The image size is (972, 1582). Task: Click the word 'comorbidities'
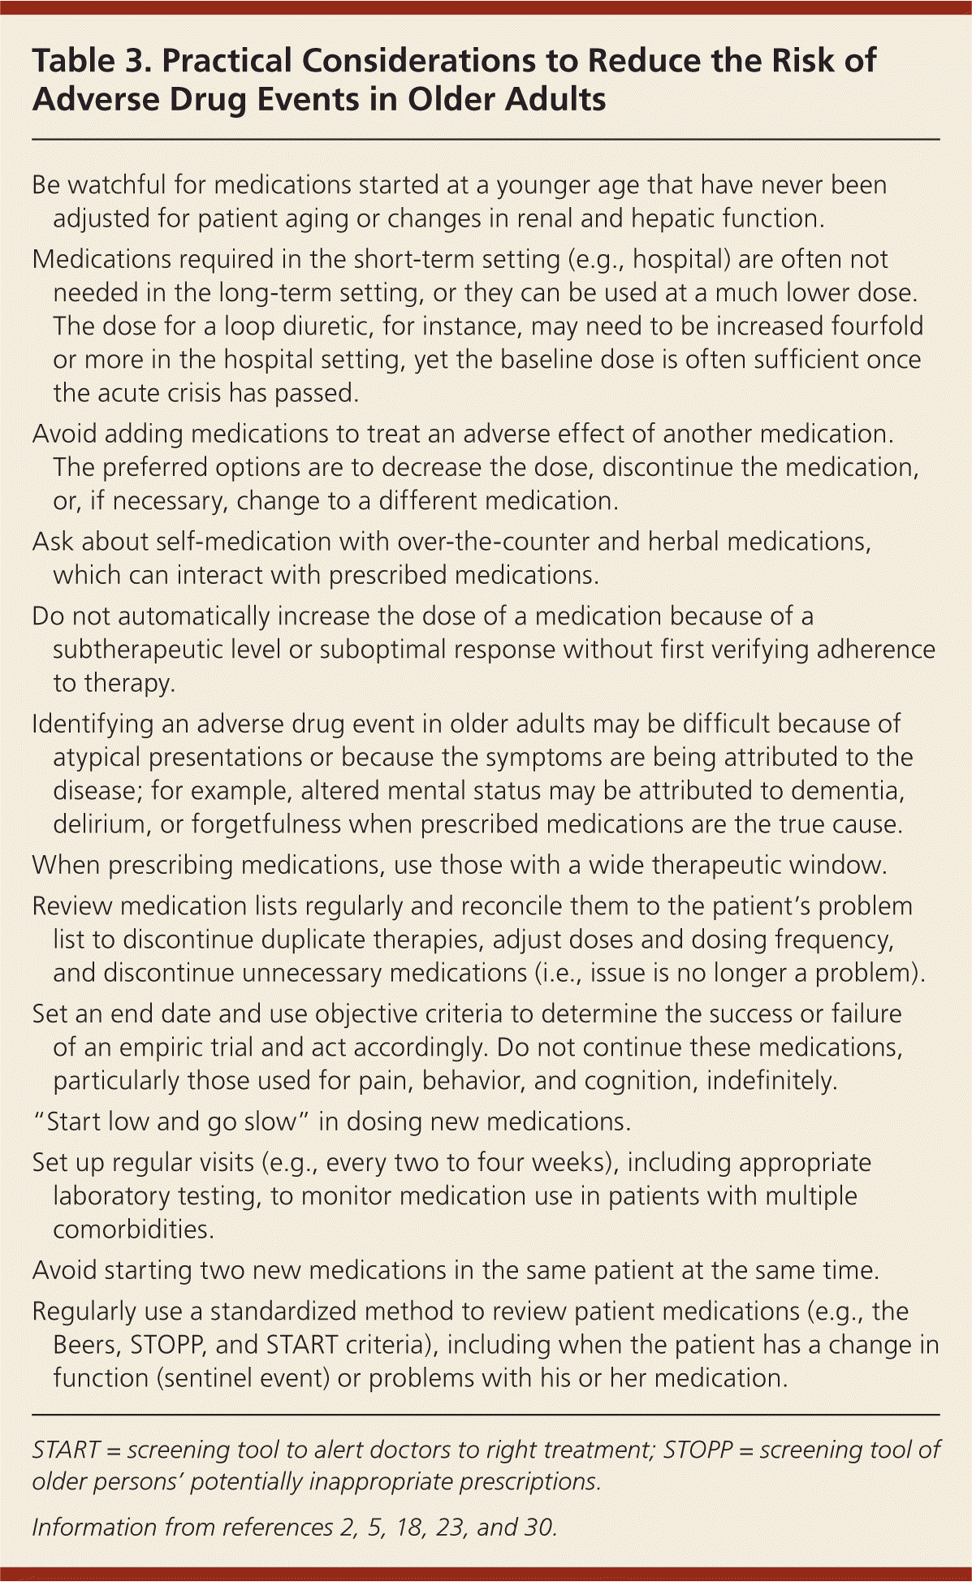132,1230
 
